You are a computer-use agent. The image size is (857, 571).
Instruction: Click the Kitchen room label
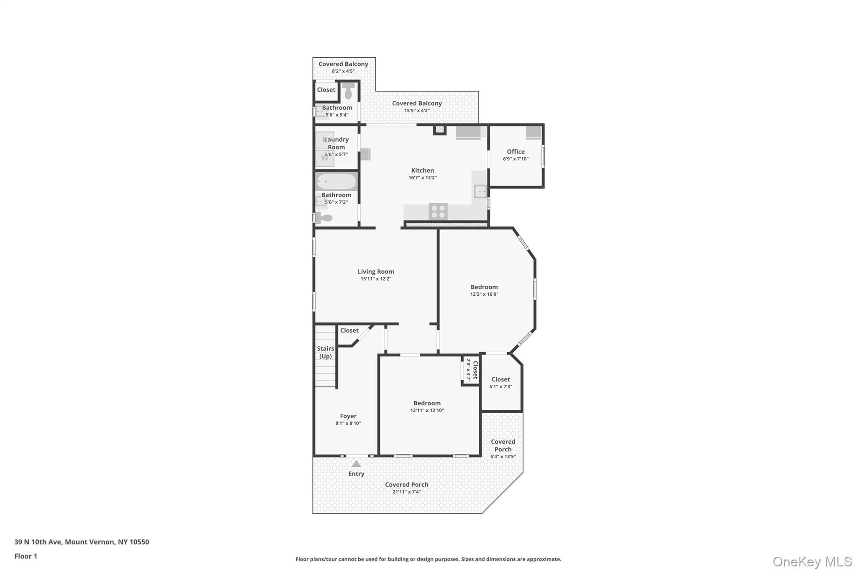pyautogui.click(x=422, y=170)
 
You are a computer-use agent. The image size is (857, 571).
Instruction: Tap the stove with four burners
pyautogui.click(x=438, y=211)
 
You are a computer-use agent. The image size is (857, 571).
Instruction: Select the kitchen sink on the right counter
pyautogui.click(x=480, y=192)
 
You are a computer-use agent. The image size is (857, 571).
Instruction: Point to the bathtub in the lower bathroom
pyautogui.click(x=336, y=182)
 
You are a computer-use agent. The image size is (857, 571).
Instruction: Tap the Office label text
pyautogui.click(x=516, y=151)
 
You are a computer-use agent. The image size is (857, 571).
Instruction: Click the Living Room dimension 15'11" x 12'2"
pyautogui.click(x=376, y=279)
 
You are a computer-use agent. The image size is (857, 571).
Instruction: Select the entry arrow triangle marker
pyautogui.click(x=356, y=463)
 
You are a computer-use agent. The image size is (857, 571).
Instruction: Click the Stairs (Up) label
pyautogui.click(x=326, y=352)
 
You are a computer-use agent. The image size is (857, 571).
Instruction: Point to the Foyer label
pyautogui.click(x=348, y=416)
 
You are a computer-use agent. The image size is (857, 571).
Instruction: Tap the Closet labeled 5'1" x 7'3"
pyautogui.click(x=500, y=382)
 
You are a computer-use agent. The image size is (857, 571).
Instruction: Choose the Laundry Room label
pyautogui.click(x=336, y=143)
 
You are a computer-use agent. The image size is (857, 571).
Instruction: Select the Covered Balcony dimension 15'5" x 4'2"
pyautogui.click(x=417, y=111)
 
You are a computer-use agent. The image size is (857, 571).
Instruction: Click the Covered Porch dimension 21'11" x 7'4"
pyautogui.click(x=406, y=492)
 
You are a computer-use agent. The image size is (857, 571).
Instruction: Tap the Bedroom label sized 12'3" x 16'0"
pyautogui.click(x=484, y=287)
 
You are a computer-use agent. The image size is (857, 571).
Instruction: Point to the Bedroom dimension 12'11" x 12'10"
pyautogui.click(x=427, y=410)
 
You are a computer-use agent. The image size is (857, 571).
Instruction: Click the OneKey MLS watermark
pyautogui.click(x=812, y=561)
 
